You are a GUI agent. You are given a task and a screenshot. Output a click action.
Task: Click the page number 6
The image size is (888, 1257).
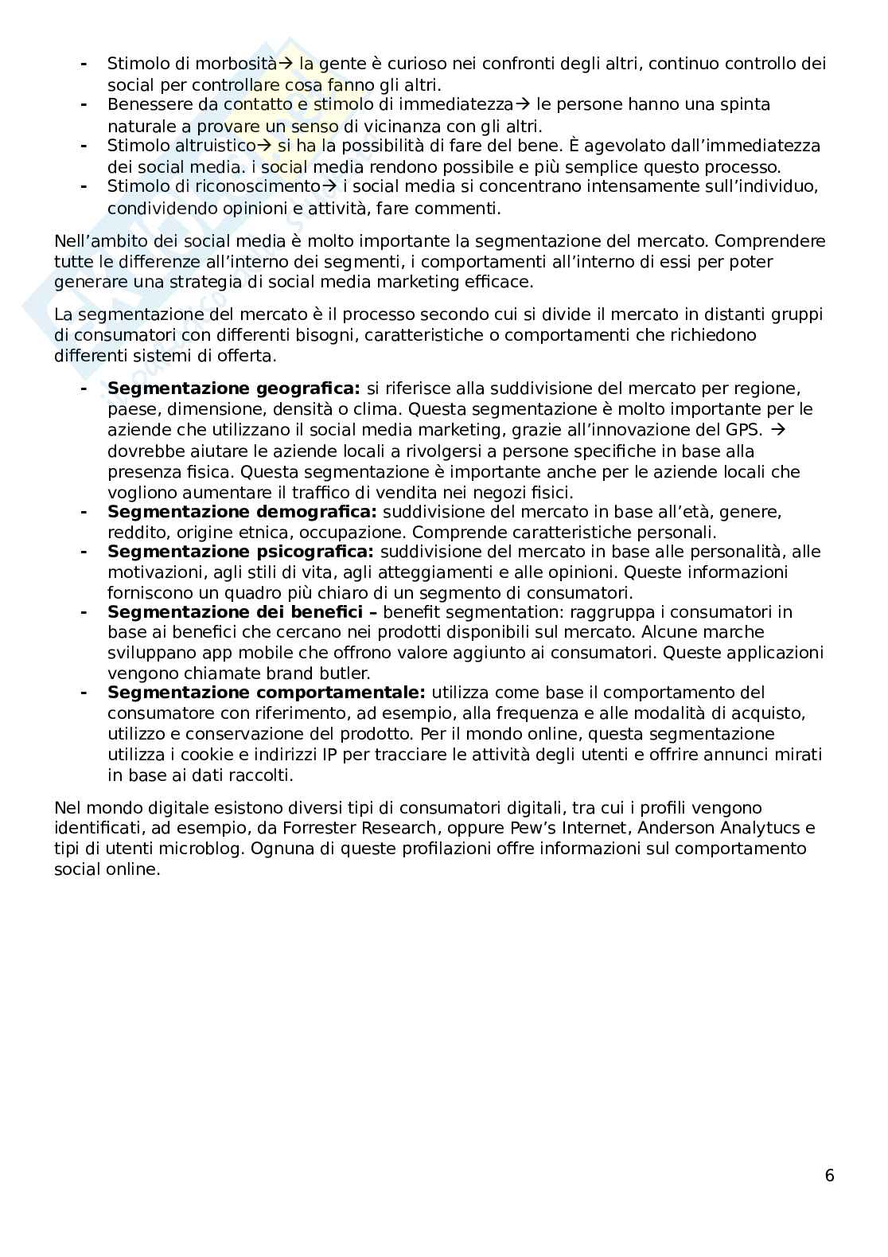pos(829,1175)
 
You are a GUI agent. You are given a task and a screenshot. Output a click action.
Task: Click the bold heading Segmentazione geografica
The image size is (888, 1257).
pos(233,388)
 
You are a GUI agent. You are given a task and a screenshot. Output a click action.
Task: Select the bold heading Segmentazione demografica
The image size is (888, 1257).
pos(242,511)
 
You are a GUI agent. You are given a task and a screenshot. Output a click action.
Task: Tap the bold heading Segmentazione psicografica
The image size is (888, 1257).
pos(240,552)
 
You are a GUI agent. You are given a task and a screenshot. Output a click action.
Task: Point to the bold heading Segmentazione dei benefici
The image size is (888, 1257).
pos(238,611)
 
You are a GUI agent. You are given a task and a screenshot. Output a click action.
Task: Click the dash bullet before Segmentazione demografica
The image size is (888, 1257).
pos(83,511)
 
